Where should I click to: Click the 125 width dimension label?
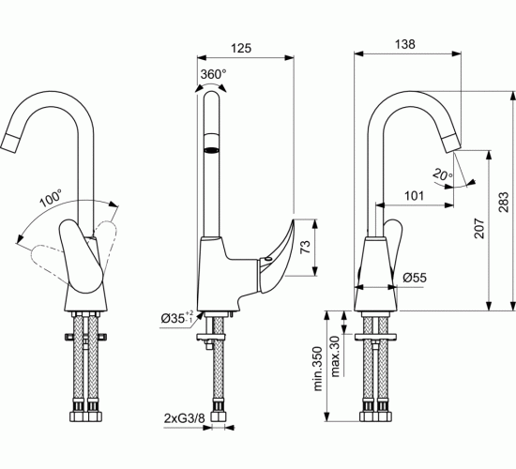pos(241,49)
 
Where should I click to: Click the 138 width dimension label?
pos(404,44)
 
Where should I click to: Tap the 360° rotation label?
pos(214,74)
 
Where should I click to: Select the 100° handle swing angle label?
pos(51,198)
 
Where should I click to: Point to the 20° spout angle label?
pos(443,174)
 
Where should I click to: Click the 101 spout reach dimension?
pos(414,196)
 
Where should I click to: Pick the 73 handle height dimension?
pos(305,247)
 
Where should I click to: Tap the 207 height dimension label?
pos(479,228)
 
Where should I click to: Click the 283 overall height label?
pos(503,202)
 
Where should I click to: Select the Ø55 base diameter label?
pos(415,278)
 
